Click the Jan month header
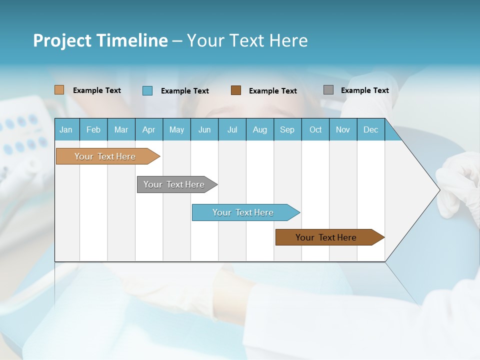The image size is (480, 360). (x=66, y=129)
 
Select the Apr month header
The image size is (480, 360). (x=149, y=129)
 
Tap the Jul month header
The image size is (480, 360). (x=232, y=129)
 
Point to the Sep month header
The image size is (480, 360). (x=287, y=129)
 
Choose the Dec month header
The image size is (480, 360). (x=370, y=129)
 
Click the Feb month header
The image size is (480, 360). (x=93, y=129)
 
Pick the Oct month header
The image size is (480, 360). (x=315, y=129)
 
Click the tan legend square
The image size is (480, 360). (x=59, y=90)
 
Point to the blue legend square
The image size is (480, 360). (x=147, y=90)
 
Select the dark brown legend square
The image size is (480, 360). (x=236, y=90)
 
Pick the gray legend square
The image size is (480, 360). (x=328, y=90)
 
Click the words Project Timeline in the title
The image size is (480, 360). (x=100, y=40)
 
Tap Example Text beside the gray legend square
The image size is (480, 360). (x=364, y=90)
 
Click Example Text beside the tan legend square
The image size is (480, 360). (x=97, y=90)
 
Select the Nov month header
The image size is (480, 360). (x=343, y=129)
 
